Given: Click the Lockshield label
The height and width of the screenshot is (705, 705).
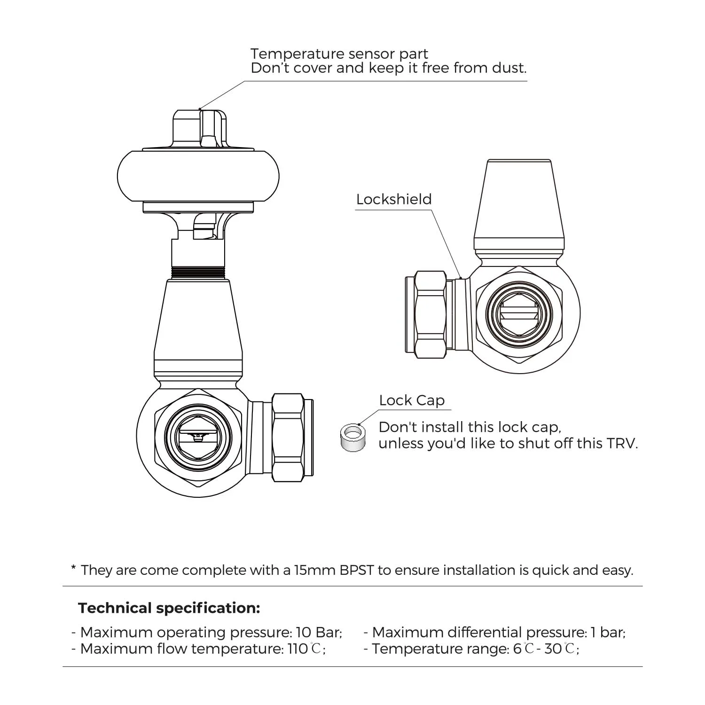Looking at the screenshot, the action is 394,199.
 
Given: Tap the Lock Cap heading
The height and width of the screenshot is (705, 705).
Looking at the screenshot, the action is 412,400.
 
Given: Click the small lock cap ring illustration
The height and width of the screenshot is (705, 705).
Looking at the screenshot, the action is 353,438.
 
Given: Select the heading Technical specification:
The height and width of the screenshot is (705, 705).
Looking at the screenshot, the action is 169,608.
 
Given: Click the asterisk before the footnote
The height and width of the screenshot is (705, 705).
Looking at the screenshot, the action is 73,568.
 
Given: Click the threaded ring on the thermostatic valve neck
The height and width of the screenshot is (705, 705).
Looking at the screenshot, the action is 198,273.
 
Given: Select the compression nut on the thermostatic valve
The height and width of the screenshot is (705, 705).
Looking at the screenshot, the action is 288,438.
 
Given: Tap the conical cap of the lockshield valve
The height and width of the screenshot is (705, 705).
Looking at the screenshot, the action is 519,204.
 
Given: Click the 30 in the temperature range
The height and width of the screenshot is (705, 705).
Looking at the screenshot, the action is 553,649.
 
